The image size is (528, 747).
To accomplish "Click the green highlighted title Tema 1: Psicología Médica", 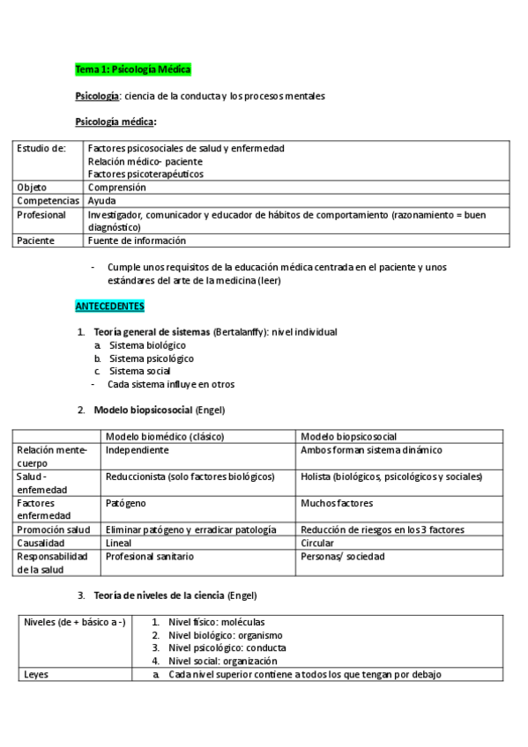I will click(x=132, y=69).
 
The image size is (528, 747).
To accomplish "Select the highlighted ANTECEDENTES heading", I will click(x=109, y=306).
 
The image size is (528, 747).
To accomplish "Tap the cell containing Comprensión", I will click(x=117, y=187).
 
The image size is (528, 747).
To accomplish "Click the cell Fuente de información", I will click(x=137, y=240).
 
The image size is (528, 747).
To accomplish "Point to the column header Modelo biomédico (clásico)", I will click(x=164, y=436).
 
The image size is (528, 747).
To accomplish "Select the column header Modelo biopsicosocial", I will click(x=348, y=436).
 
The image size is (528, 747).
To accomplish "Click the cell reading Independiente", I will click(x=137, y=449).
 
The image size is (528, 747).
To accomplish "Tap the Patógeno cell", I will click(x=126, y=503).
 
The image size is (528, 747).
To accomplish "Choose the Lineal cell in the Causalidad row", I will click(x=118, y=543).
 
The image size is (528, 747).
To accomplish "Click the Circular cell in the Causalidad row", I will click(x=318, y=543).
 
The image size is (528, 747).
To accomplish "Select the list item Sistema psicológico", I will click(x=151, y=359).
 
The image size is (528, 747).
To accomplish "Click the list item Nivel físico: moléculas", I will click(x=216, y=622).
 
